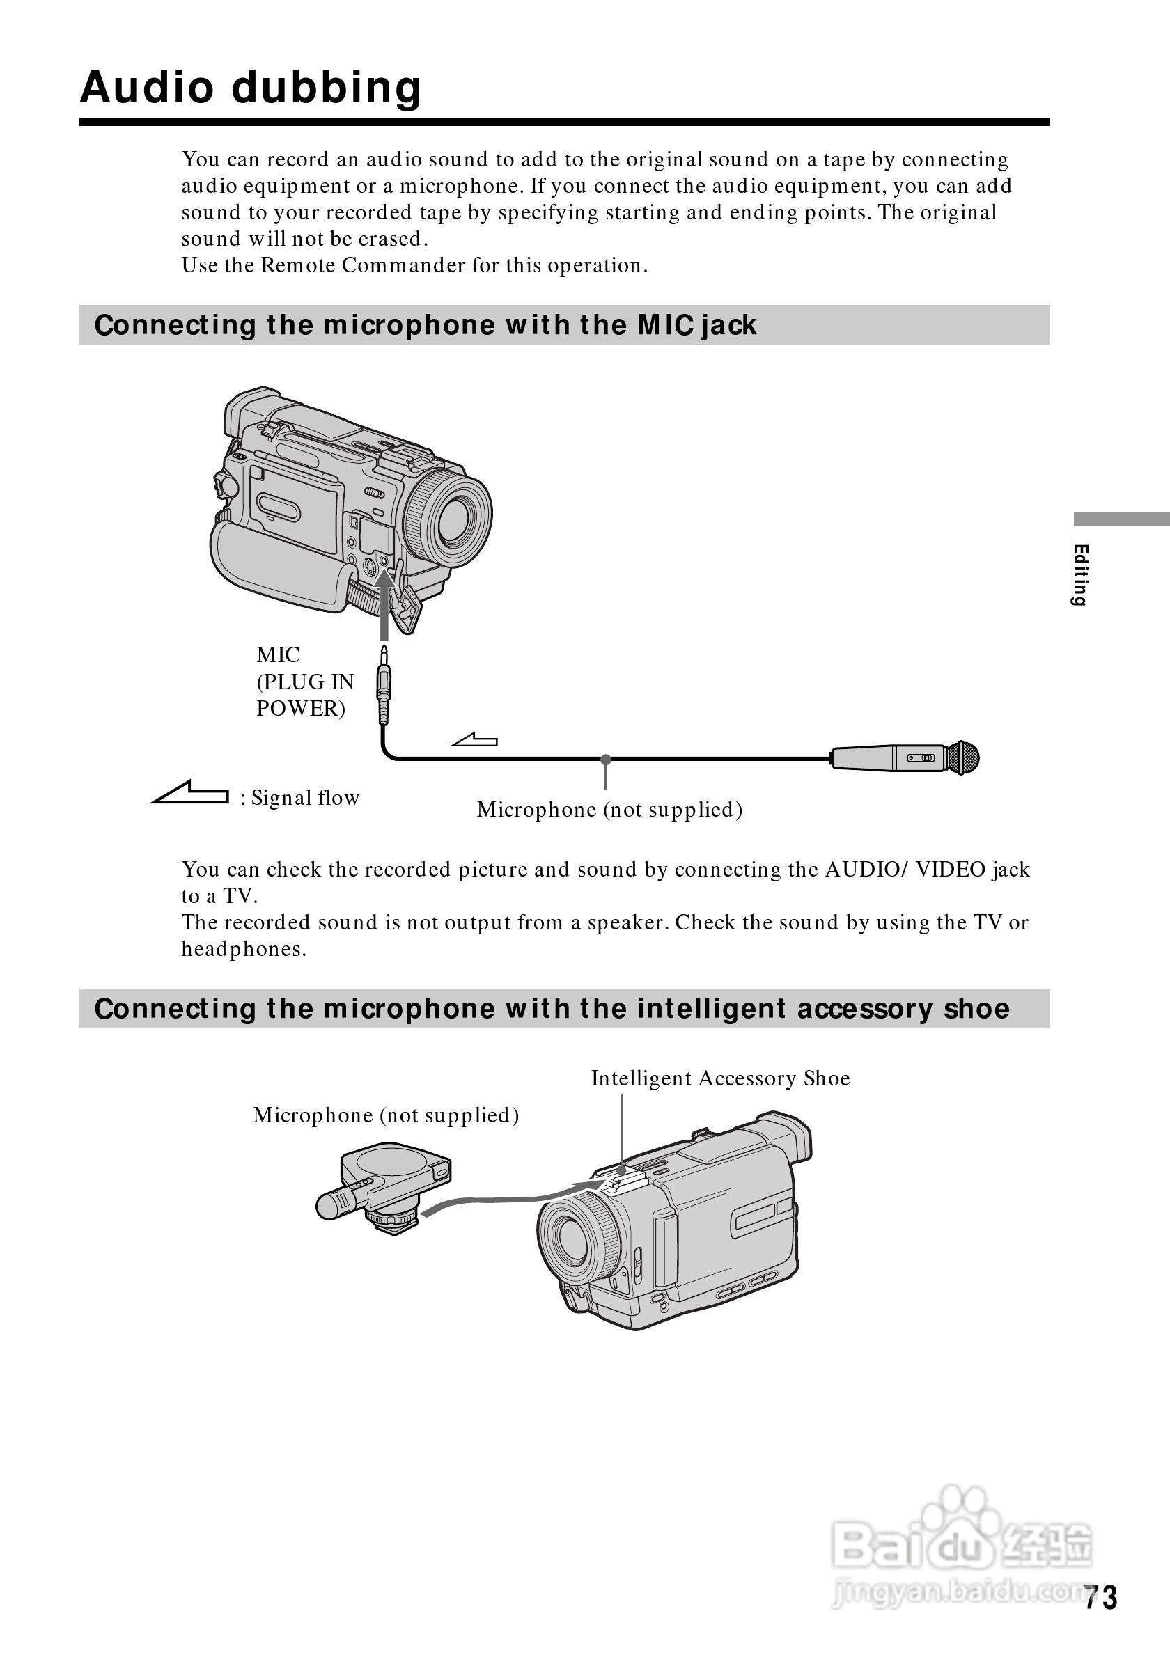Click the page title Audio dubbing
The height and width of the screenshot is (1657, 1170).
coord(251,87)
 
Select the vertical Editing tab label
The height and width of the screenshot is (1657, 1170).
coord(1080,574)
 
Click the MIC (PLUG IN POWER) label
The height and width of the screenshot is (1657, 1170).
coord(304,682)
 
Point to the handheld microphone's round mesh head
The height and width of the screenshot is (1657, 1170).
coord(964,757)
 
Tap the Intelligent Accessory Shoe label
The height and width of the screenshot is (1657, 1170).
coord(720,1078)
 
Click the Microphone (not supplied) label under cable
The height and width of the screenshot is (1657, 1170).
coord(609,810)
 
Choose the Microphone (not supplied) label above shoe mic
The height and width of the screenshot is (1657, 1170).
coord(385,1115)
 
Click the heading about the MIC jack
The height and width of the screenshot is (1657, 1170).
coord(425,326)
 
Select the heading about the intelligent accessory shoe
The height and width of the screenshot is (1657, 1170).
coord(552,1008)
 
